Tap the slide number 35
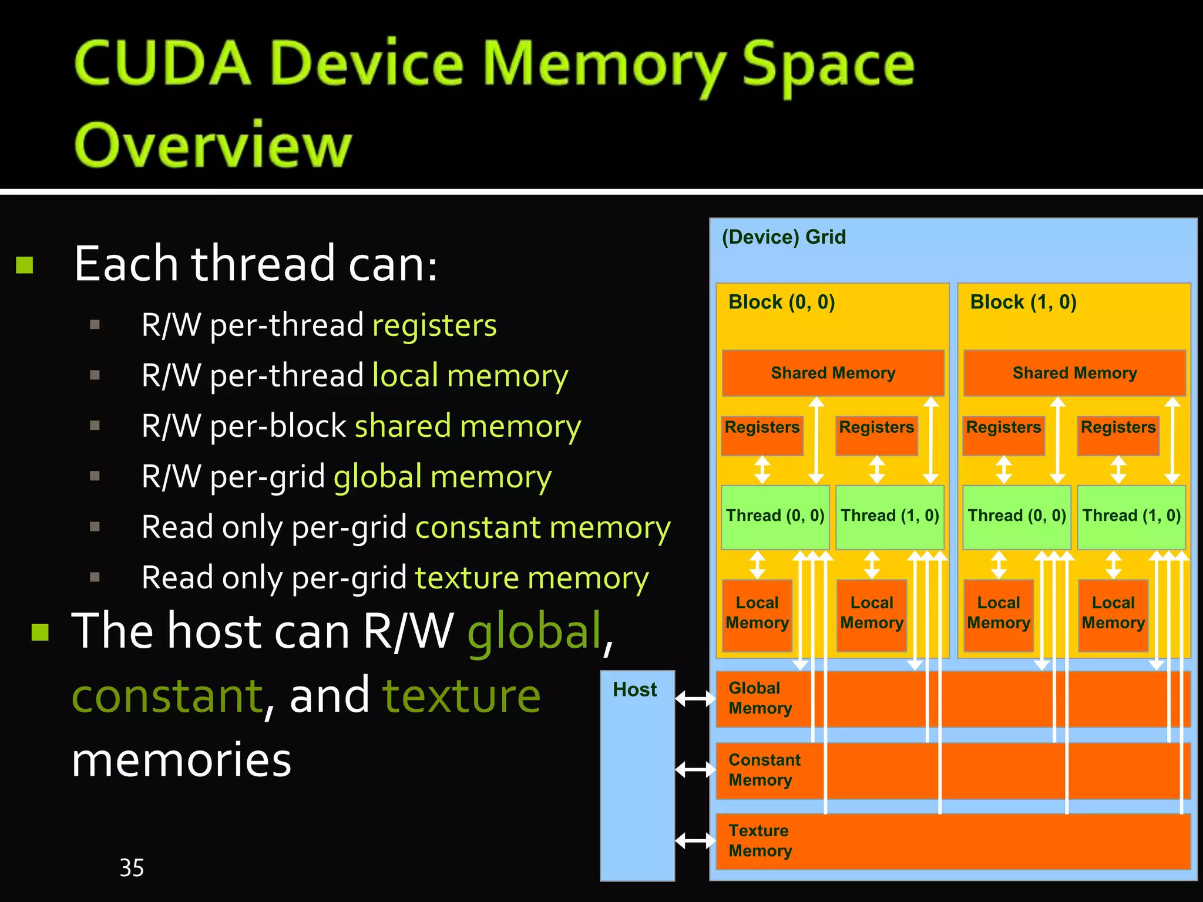point(132,867)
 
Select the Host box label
point(634,689)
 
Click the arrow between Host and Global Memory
point(695,698)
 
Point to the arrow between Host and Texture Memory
point(695,840)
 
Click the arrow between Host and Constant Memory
point(695,769)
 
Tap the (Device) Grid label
point(784,237)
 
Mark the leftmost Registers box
point(762,435)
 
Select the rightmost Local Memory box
point(1113,614)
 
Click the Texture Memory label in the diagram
point(760,840)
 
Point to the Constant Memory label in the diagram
point(764,769)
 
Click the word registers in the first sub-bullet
point(435,326)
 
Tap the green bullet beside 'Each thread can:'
point(25,265)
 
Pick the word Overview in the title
point(213,144)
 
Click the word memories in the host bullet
point(182,760)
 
